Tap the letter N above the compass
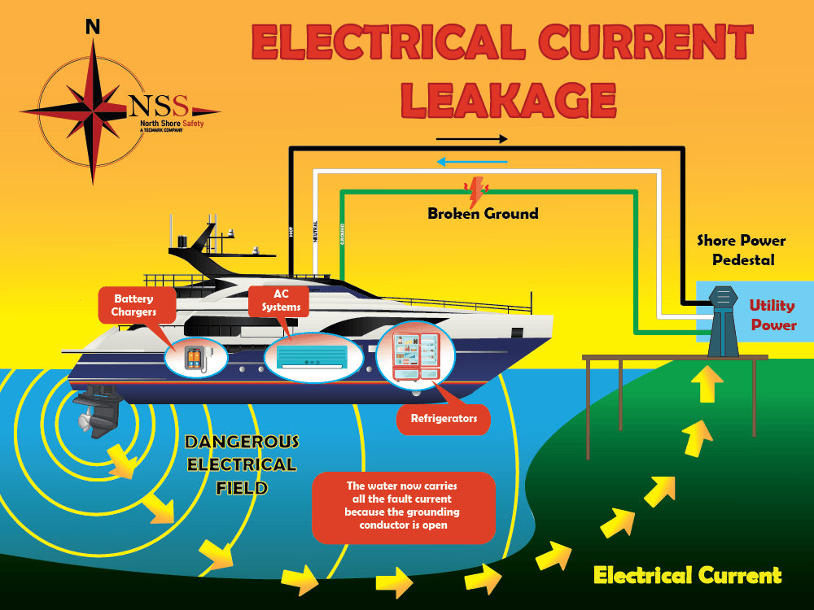93,27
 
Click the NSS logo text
158,106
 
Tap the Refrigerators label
444,420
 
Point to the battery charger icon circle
193,358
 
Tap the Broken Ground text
483,214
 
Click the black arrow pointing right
471,139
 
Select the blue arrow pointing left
471,161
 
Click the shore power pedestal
723,321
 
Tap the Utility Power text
772,316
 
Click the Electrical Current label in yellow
688,576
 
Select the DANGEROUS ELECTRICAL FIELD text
241,465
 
